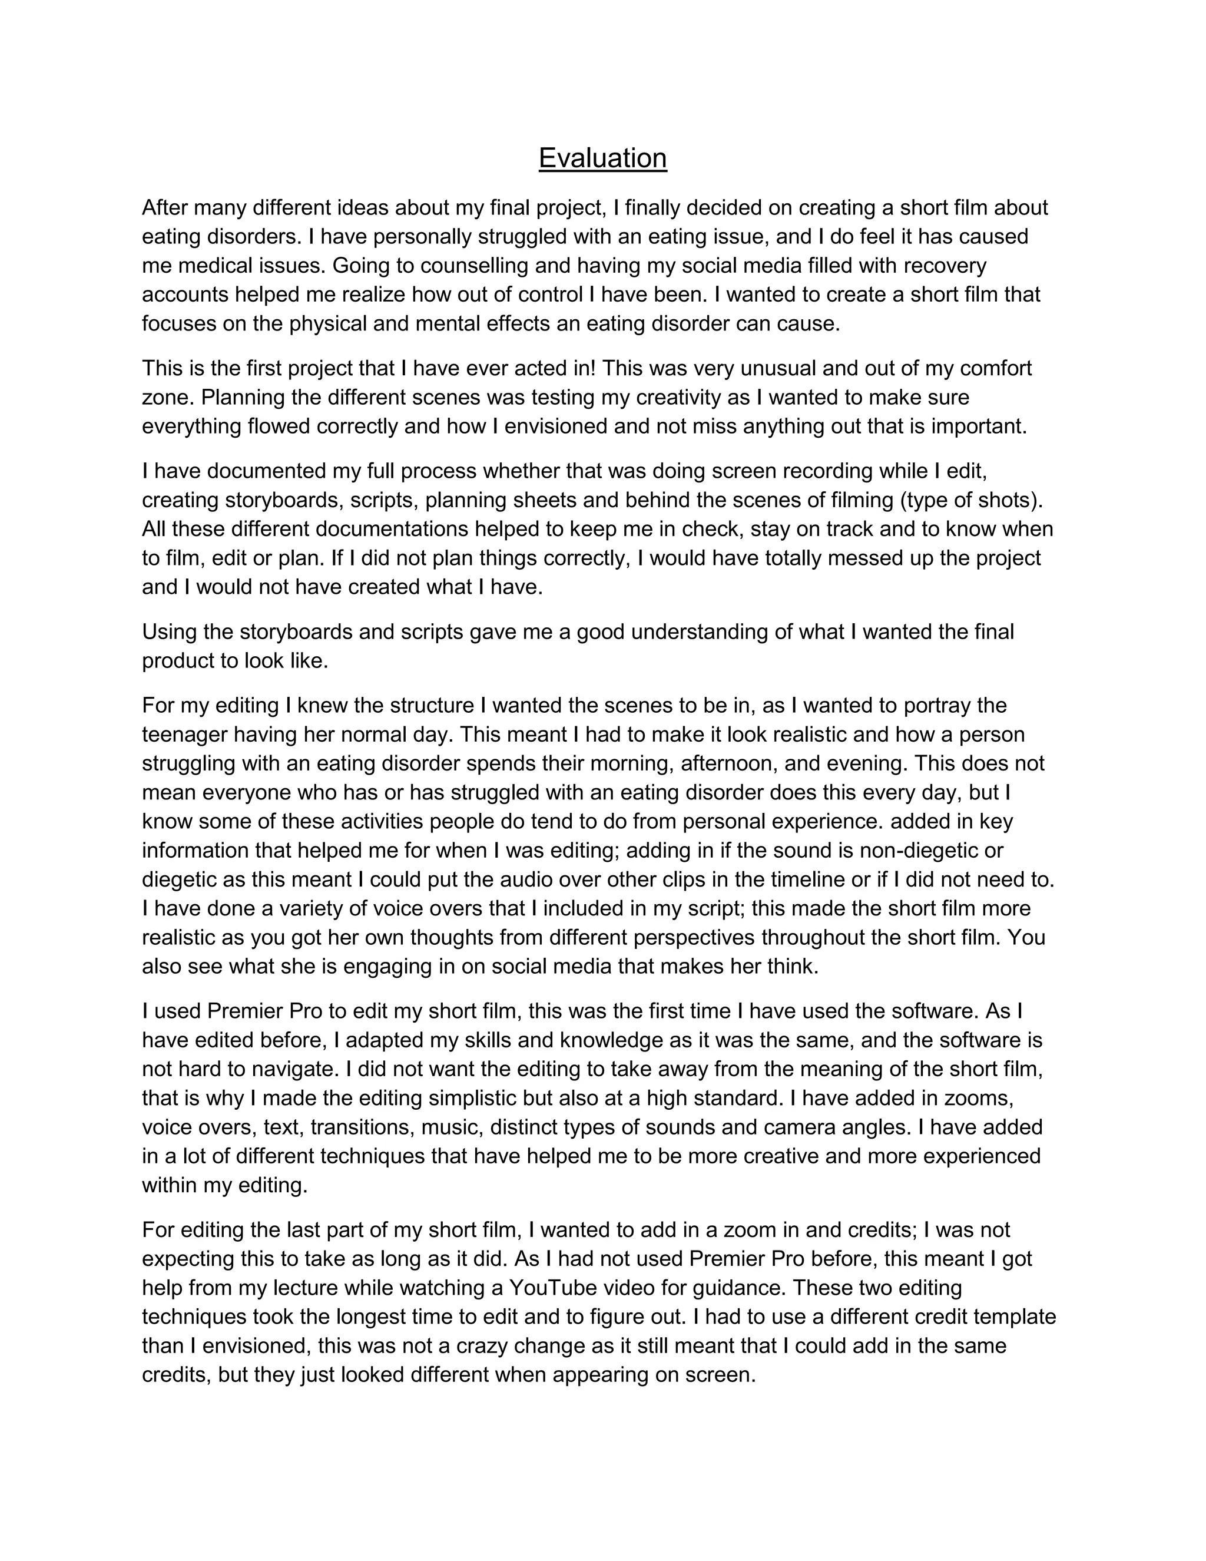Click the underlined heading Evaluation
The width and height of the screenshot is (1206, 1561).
602,158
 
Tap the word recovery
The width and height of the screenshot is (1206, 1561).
945,266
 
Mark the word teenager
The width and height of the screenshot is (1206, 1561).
185,734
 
